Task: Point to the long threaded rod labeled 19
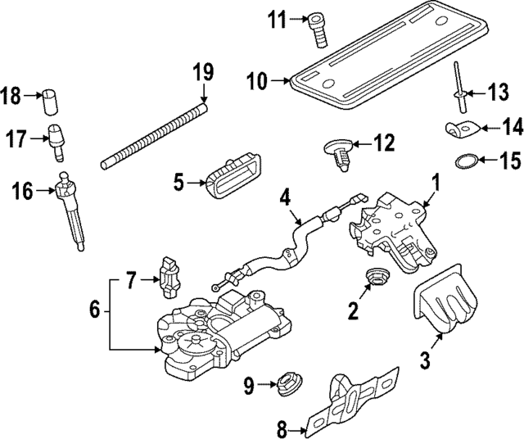click(x=156, y=132)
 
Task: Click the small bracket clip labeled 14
click(x=463, y=129)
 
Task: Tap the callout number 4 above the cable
click(x=284, y=197)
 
